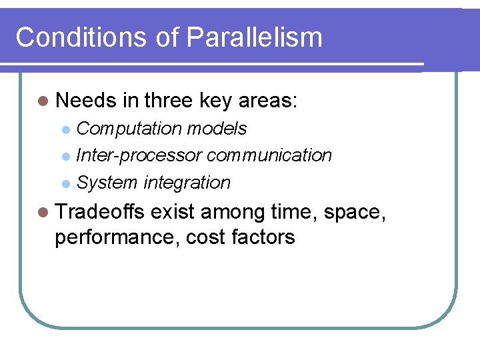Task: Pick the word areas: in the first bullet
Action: [x=269, y=101]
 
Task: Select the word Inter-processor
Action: [x=139, y=155]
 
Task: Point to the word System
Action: [x=107, y=183]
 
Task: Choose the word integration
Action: [x=187, y=183]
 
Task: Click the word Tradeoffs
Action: [x=100, y=213]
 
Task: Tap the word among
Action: [x=233, y=213]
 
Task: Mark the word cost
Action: [x=207, y=237]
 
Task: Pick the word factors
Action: [x=265, y=237]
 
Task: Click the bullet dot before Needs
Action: [x=43, y=101]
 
